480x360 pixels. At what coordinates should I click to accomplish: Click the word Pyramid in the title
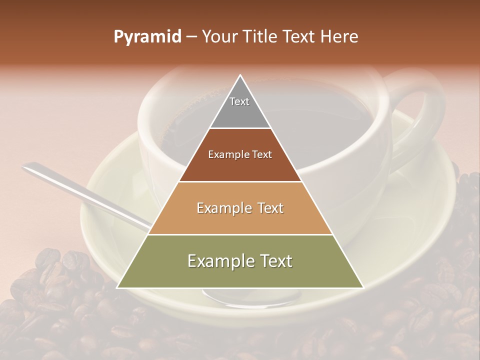point(147,37)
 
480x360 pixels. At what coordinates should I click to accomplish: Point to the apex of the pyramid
point(240,76)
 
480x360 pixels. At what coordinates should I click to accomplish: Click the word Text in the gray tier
point(239,101)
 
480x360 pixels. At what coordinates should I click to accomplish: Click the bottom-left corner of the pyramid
point(117,287)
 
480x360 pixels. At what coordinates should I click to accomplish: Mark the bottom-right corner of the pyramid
point(363,287)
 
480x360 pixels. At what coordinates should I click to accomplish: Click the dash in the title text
point(190,37)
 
